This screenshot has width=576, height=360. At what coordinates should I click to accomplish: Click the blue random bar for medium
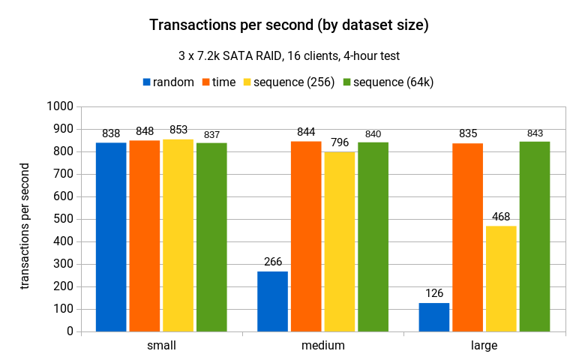click(x=272, y=301)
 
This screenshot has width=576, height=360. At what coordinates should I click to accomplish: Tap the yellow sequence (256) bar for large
click(x=501, y=278)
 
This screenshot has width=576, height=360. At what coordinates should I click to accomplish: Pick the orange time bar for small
click(x=144, y=235)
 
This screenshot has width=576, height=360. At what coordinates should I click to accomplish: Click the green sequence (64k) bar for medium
click(x=373, y=236)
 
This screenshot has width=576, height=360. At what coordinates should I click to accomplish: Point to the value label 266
click(x=272, y=262)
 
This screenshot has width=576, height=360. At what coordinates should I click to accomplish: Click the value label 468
click(x=501, y=217)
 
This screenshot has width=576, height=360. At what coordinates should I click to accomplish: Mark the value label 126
click(x=433, y=293)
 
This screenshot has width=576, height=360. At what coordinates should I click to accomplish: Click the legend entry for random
click(x=169, y=82)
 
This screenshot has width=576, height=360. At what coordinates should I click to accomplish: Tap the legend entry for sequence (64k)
click(x=388, y=82)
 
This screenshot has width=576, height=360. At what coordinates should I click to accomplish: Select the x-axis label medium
click(x=323, y=346)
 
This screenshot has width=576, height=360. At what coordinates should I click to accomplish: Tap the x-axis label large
click(x=484, y=346)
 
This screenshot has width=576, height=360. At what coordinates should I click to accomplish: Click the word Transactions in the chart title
click(x=190, y=25)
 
